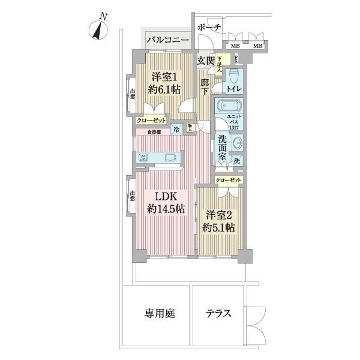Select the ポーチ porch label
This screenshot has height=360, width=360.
click(209, 28)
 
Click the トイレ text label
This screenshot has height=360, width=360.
click(234, 88)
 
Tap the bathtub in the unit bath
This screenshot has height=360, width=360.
click(229, 107)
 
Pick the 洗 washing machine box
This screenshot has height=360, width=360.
click(238, 161)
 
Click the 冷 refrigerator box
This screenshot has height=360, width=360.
click(176, 129)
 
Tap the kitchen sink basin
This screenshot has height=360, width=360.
click(170, 158)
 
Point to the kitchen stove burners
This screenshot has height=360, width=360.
click(143, 158)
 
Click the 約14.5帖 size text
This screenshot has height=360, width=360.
click(166, 209)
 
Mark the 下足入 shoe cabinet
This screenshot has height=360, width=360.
click(220, 64)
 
